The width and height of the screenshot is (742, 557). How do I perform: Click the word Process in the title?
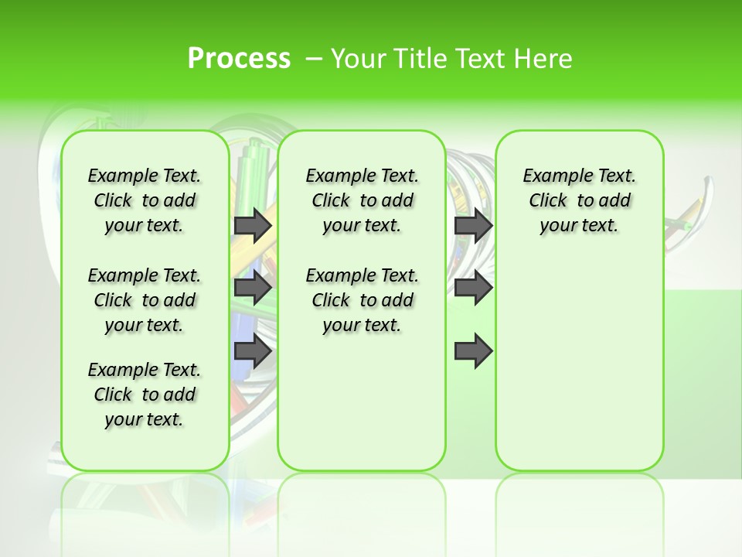(x=239, y=59)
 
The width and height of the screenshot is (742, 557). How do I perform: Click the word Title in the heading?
(x=419, y=59)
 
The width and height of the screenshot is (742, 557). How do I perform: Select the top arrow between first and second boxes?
(x=253, y=225)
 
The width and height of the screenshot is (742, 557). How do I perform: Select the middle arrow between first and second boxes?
(x=253, y=289)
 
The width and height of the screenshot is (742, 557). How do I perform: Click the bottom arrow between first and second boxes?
(x=253, y=352)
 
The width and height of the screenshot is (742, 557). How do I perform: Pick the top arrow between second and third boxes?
(x=473, y=225)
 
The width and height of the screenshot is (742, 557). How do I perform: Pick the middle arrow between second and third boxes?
(x=473, y=289)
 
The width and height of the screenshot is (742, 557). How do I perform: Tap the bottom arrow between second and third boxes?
(x=473, y=352)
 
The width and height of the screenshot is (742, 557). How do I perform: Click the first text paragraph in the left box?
(x=145, y=200)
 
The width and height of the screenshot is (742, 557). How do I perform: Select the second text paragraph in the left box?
(x=145, y=300)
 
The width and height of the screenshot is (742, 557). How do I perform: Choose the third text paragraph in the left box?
(x=145, y=395)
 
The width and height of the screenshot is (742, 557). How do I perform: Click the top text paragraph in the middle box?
(x=362, y=200)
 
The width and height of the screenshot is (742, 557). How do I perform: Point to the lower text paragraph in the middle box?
(x=362, y=300)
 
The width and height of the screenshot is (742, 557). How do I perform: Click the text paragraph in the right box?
(x=579, y=200)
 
